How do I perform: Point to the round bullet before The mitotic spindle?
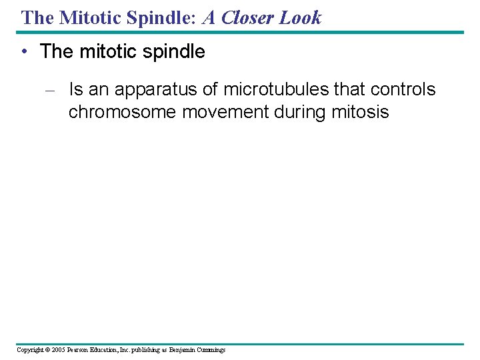tap(25, 52)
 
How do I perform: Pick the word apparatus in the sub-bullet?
tap(159, 90)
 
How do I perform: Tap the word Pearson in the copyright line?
tap(79, 350)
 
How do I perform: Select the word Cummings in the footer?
tap(211, 350)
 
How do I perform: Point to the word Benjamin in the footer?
tap(182, 350)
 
